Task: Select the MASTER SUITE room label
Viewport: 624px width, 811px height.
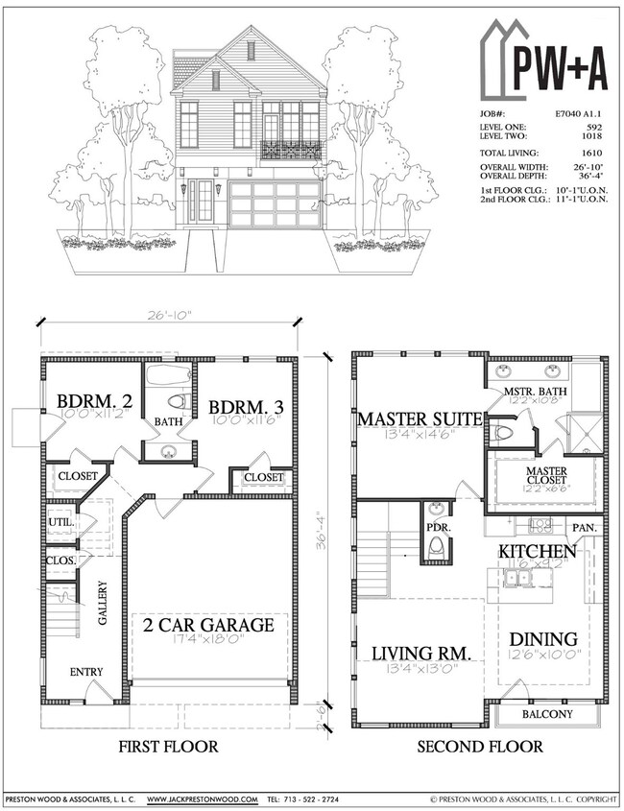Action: point(418,419)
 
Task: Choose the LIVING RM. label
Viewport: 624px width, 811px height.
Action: point(421,654)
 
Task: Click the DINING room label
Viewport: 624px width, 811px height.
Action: point(542,639)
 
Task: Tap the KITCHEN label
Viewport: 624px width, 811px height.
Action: point(537,552)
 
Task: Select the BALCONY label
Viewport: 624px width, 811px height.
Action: point(546,715)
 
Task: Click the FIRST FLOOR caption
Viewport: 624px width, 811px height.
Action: point(169,746)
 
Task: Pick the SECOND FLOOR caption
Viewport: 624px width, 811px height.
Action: point(481,746)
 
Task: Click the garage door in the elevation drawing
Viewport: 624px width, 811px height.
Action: point(275,204)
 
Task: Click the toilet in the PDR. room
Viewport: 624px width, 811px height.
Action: point(437,547)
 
